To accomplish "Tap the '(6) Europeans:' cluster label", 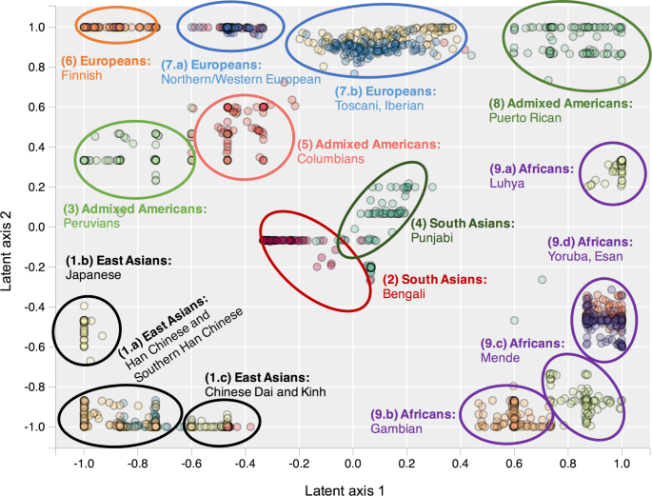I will [x=107, y=61].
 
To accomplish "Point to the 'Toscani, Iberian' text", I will [x=386, y=107].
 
